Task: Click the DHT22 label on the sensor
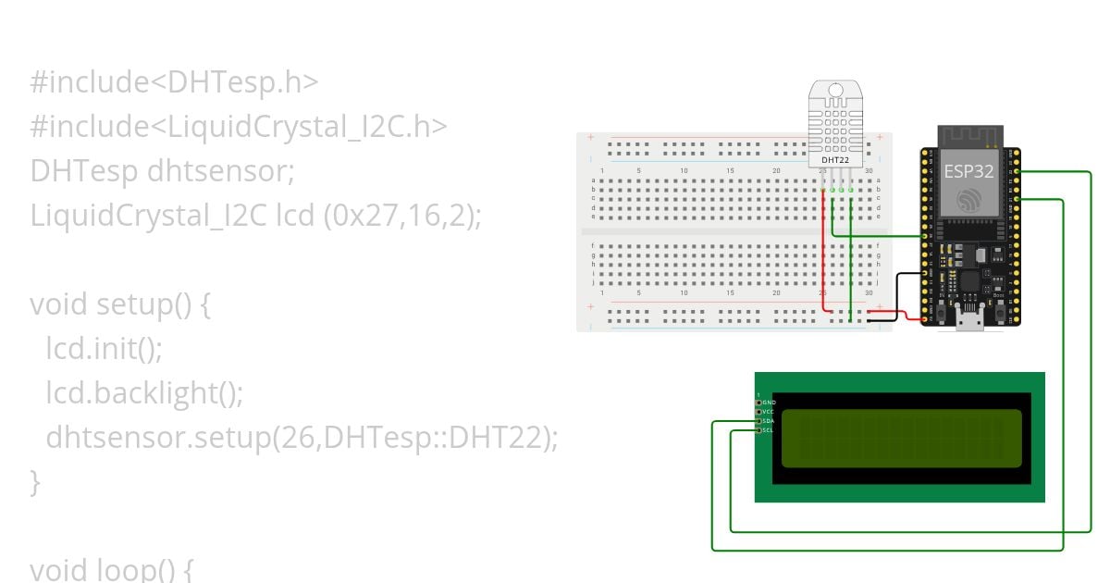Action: coord(835,160)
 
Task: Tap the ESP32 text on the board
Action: coord(969,171)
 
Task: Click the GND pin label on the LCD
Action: coord(769,403)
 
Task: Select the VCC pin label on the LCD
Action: coord(769,412)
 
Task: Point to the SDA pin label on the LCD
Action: coord(769,421)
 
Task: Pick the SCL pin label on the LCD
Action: coord(769,430)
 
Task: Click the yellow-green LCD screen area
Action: coord(902,438)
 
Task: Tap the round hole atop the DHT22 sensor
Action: coord(836,92)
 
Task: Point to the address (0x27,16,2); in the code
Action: coord(402,216)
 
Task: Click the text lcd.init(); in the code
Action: coord(104,349)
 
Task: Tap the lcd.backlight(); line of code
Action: coord(144,393)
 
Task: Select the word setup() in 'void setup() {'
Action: coord(135,304)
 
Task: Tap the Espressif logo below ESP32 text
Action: coord(969,201)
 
